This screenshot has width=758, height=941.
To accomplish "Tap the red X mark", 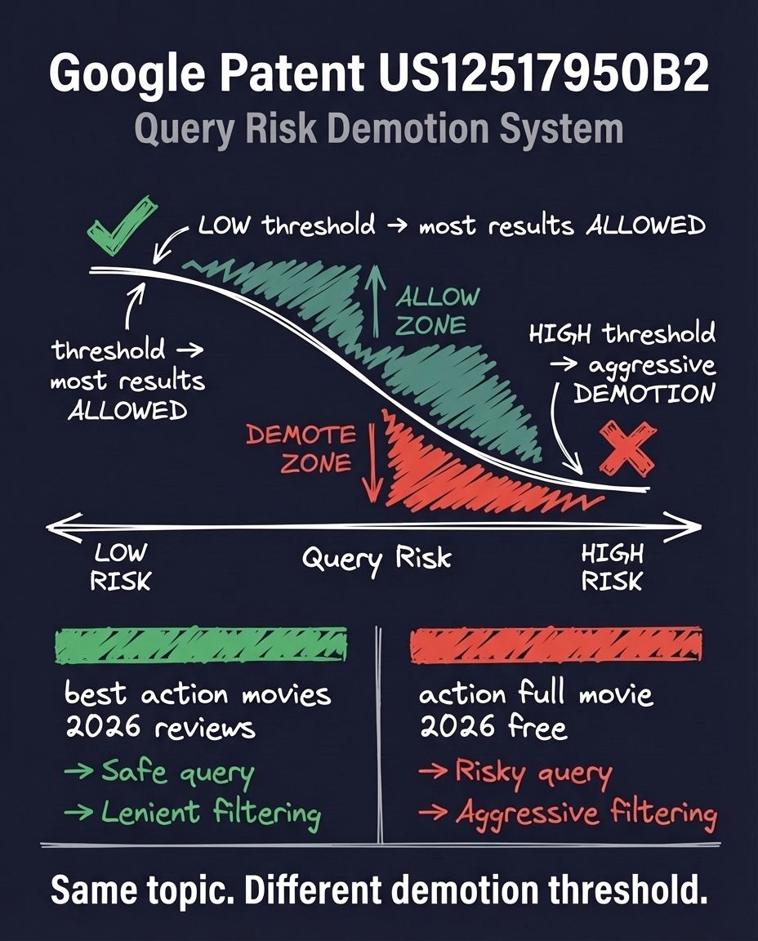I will [x=627, y=448].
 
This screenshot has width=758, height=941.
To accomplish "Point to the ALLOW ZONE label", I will [x=437, y=311].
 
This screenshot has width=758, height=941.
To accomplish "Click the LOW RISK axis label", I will [x=120, y=567].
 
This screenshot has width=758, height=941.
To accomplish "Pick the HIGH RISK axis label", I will [x=612, y=567].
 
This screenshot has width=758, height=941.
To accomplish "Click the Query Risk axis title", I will [x=377, y=560].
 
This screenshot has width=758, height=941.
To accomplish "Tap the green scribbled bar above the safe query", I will [x=200, y=644].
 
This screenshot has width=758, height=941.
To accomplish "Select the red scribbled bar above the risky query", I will [x=555, y=644].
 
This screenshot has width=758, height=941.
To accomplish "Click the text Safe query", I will [x=178, y=772].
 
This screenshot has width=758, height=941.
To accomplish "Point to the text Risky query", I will [x=533, y=772].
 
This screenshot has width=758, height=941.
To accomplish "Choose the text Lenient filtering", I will [x=212, y=813].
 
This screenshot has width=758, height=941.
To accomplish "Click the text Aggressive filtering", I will [x=586, y=814].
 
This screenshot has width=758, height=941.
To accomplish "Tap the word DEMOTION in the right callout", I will [x=644, y=394].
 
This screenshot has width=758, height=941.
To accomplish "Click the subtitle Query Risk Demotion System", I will [x=378, y=129].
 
